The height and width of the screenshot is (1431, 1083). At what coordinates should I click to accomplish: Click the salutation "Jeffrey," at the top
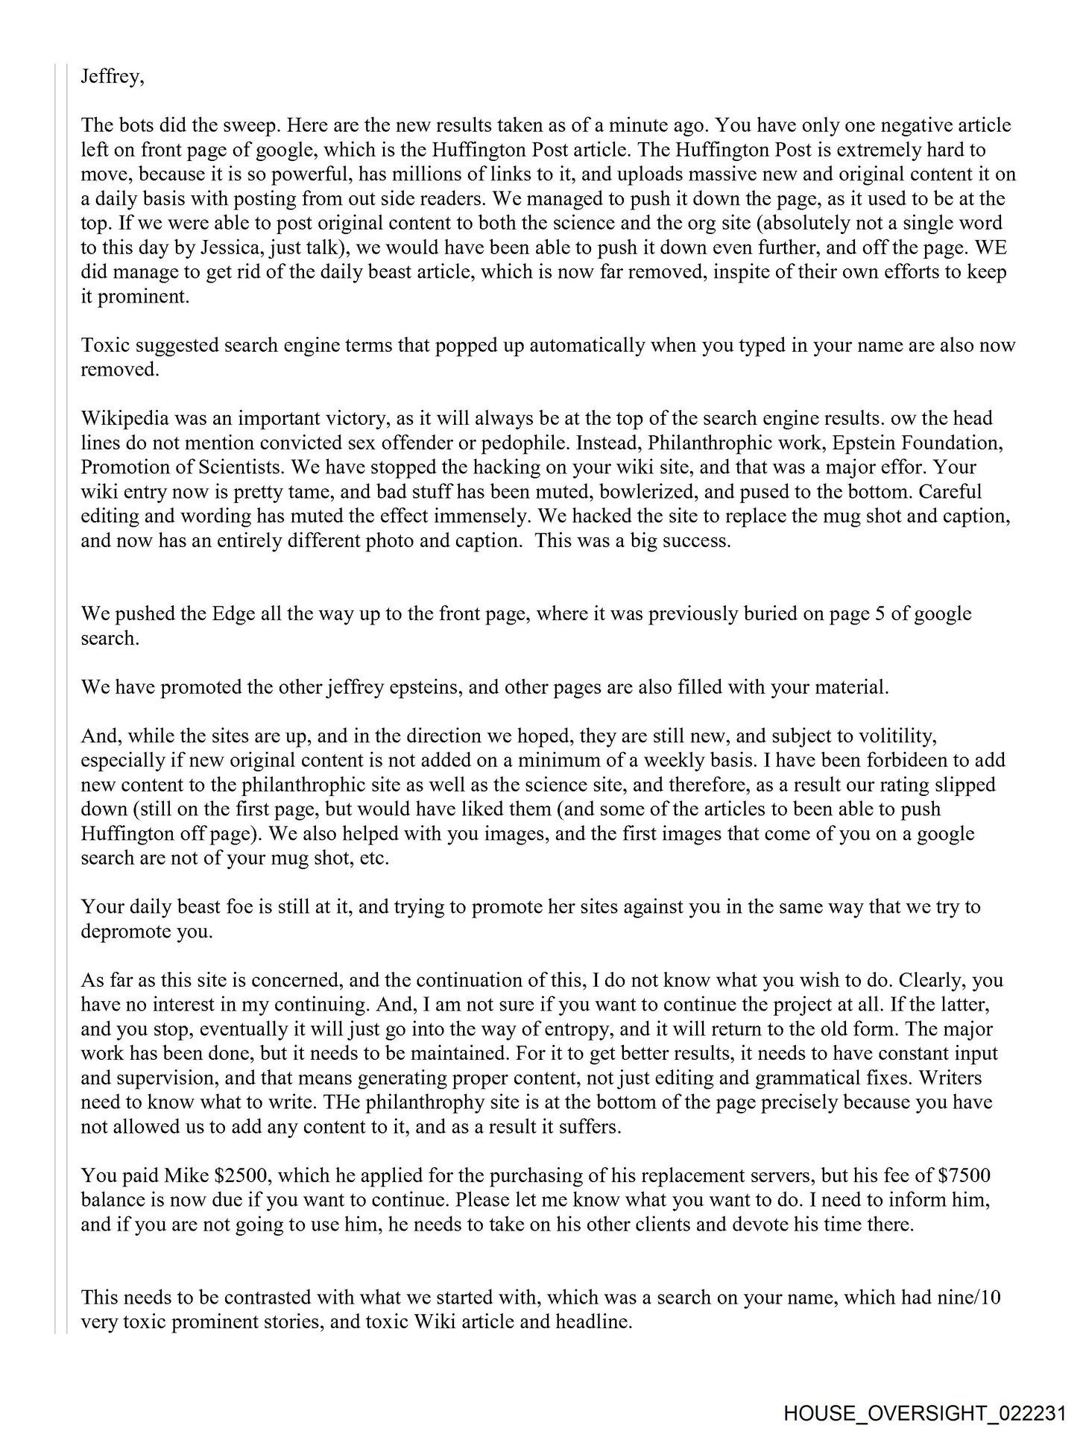point(112,77)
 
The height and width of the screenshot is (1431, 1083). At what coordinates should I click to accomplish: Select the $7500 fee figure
point(964,1176)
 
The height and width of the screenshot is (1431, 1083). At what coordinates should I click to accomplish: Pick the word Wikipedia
point(124,418)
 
